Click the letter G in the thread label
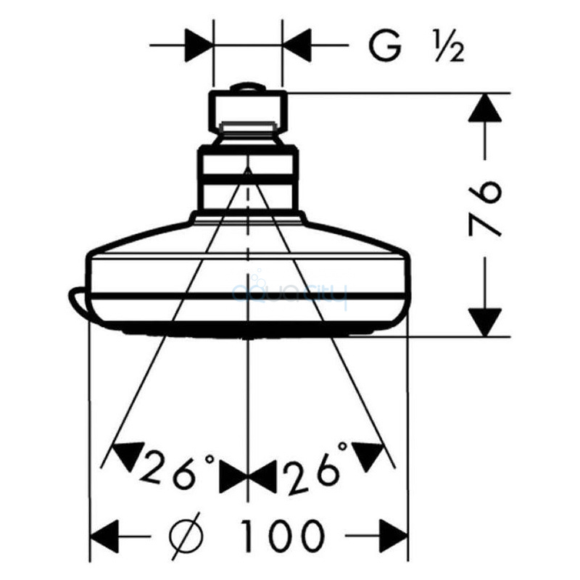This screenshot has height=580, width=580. click(x=385, y=46)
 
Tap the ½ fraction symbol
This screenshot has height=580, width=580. click(x=449, y=46)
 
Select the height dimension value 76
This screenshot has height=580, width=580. click(x=485, y=208)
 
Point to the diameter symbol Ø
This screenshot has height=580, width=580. click(x=186, y=535)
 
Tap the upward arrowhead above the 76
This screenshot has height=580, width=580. click(x=484, y=107)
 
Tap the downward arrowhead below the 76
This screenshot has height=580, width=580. click(x=484, y=322)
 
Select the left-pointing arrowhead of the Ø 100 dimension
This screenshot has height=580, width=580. click(x=104, y=536)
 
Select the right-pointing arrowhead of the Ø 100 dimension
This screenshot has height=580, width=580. click(x=393, y=536)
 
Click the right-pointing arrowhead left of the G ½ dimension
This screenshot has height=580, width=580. click(x=199, y=46)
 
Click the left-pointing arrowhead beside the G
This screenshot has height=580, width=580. click(x=297, y=46)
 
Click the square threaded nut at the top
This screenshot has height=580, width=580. click(x=248, y=112)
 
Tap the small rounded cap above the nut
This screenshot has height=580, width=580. click(x=248, y=86)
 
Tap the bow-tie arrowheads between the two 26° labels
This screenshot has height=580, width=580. click(x=248, y=476)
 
